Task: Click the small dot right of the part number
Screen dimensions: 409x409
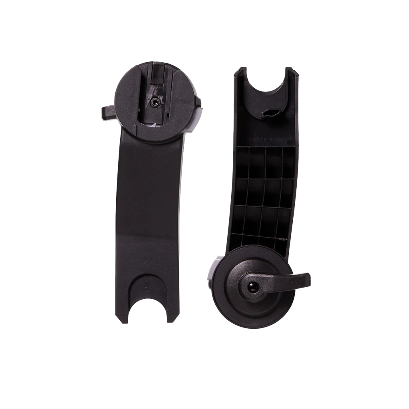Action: pos(292,140)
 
